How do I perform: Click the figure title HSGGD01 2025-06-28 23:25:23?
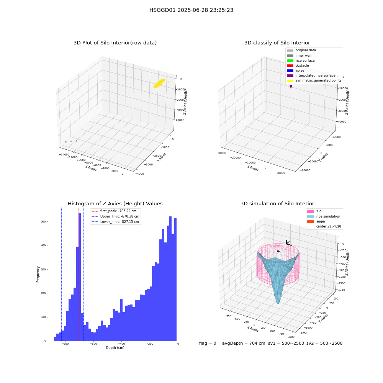point(191,10)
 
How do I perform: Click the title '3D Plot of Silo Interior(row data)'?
point(115,43)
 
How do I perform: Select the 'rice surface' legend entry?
point(300,61)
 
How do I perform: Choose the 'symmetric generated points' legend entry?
point(314,80)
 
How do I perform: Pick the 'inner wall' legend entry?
point(299,56)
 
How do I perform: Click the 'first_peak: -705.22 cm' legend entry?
point(114,211)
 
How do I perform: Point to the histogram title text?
point(115,204)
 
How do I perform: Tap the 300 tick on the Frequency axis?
point(43,269)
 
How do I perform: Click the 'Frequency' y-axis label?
point(38,274)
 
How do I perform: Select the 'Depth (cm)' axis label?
point(115,348)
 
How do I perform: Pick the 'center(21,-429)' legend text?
point(329,226)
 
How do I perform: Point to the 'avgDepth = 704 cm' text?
point(244,343)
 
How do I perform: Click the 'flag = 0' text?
point(208,343)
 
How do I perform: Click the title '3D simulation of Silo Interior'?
point(277,204)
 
